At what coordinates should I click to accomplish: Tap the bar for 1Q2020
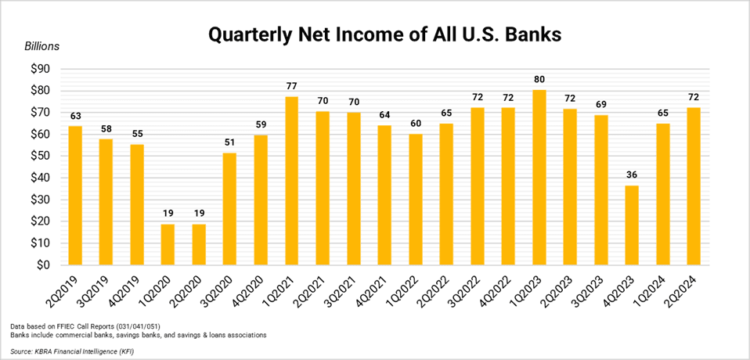[x=168, y=244]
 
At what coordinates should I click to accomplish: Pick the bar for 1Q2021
[x=291, y=181]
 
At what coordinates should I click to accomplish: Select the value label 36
[x=632, y=175]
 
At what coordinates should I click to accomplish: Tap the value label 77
[x=291, y=86]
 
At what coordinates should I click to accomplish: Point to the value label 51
[x=229, y=142]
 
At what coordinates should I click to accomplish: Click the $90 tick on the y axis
[x=38, y=69]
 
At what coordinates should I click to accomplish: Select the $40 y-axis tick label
[x=38, y=178]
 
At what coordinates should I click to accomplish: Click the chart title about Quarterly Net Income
[x=374, y=35]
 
